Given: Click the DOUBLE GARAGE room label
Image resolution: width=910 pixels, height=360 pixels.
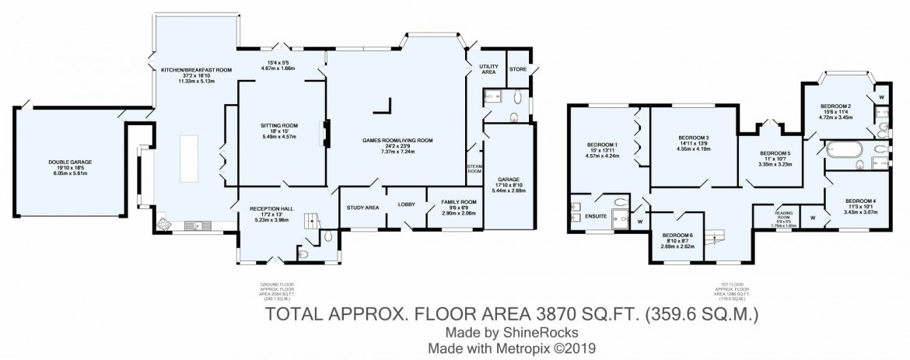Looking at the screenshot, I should click(71, 162).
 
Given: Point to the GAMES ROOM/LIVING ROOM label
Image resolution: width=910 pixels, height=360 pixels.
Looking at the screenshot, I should click(397, 141).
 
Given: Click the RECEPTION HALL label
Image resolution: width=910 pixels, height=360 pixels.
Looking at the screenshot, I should click(270, 209).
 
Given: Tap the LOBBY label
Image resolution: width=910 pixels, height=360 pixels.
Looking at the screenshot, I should click(407, 204).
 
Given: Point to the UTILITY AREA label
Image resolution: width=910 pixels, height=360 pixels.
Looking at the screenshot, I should click(488, 68).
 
